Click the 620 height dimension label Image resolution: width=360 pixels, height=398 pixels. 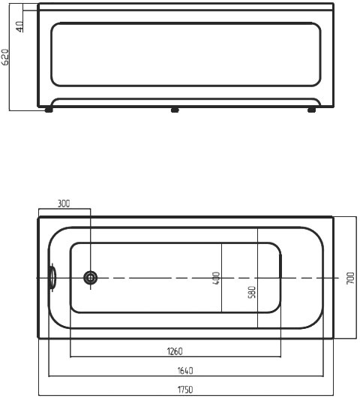pyautogui.click(x=6, y=57)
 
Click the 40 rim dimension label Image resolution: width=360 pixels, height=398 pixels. pyautogui.click(x=20, y=26)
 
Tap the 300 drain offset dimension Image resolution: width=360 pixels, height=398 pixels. pyautogui.click(x=64, y=204)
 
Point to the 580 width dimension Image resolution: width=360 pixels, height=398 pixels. pyautogui.click(x=252, y=291)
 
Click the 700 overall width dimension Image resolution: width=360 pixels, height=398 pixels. pyautogui.click(x=350, y=279)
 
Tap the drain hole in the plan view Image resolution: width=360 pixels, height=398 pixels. pyautogui.click(x=90, y=278)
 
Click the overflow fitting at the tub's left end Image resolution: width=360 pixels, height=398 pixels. pyautogui.click(x=52, y=278)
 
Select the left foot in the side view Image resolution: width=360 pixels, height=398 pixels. pyautogui.click(x=49, y=110)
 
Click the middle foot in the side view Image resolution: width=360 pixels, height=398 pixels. pyautogui.click(x=175, y=110)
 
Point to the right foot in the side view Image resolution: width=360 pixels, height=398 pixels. pyautogui.click(x=311, y=110)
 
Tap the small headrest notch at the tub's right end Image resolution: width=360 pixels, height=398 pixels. pyautogui.click(x=281, y=278)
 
